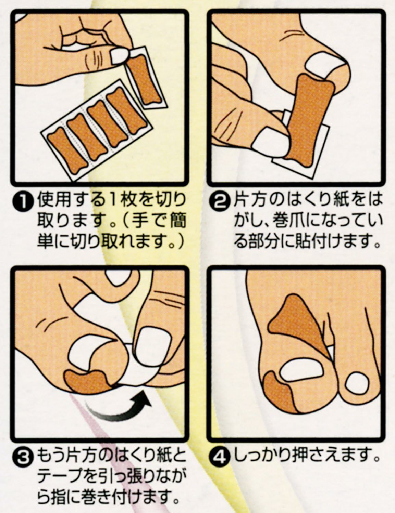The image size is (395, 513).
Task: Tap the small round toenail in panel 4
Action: pyautogui.click(x=357, y=384)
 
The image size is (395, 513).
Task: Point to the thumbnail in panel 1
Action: pyautogui.click(x=120, y=56)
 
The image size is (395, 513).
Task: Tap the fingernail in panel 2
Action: pyautogui.click(x=270, y=141)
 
